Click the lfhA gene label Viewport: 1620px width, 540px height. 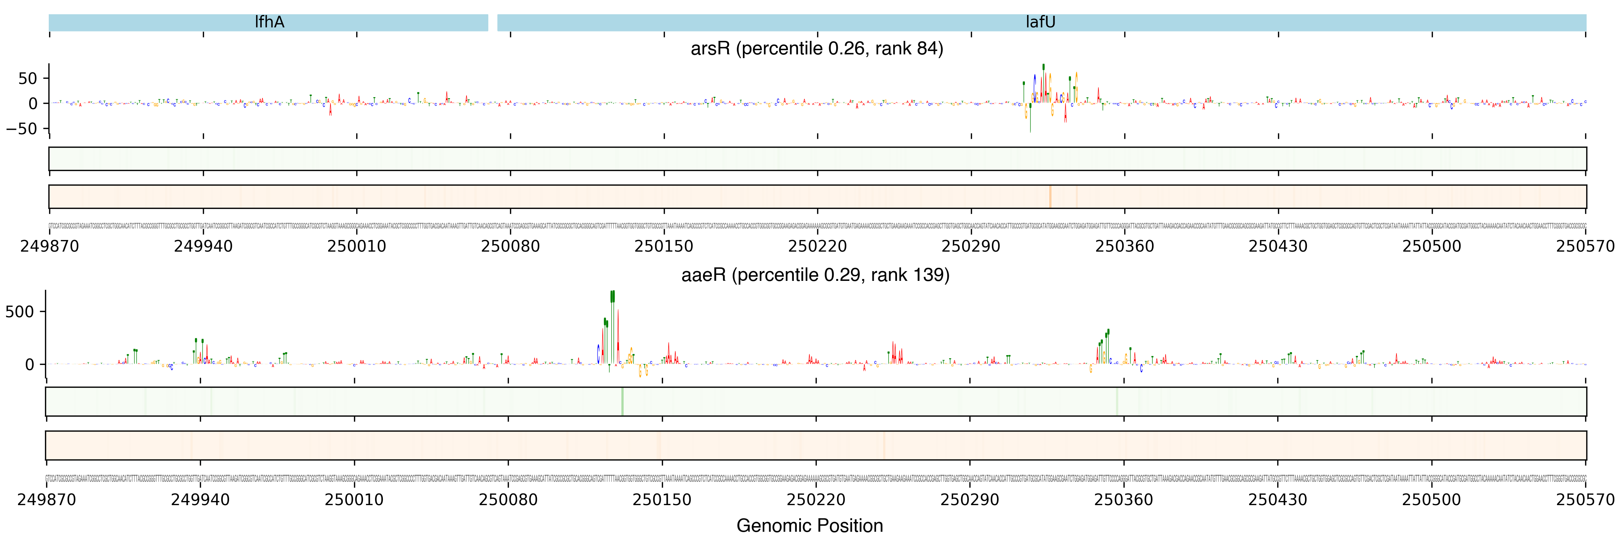coord(269,22)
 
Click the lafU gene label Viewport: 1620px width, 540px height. coord(1040,22)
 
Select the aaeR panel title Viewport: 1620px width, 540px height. coord(815,275)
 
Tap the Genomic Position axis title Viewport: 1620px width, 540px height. coord(809,525)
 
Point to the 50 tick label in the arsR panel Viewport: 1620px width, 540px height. coord(28,79)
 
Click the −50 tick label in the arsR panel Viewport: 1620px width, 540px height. coord(22,129)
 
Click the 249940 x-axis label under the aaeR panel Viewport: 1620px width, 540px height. coord(200,500)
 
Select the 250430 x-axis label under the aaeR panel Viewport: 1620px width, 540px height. coord(1277,500)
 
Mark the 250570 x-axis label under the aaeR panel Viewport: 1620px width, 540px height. coord(1585,500)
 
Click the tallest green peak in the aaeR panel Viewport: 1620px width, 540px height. coord(612,298)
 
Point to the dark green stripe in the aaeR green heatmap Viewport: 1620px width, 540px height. coord(622,401)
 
